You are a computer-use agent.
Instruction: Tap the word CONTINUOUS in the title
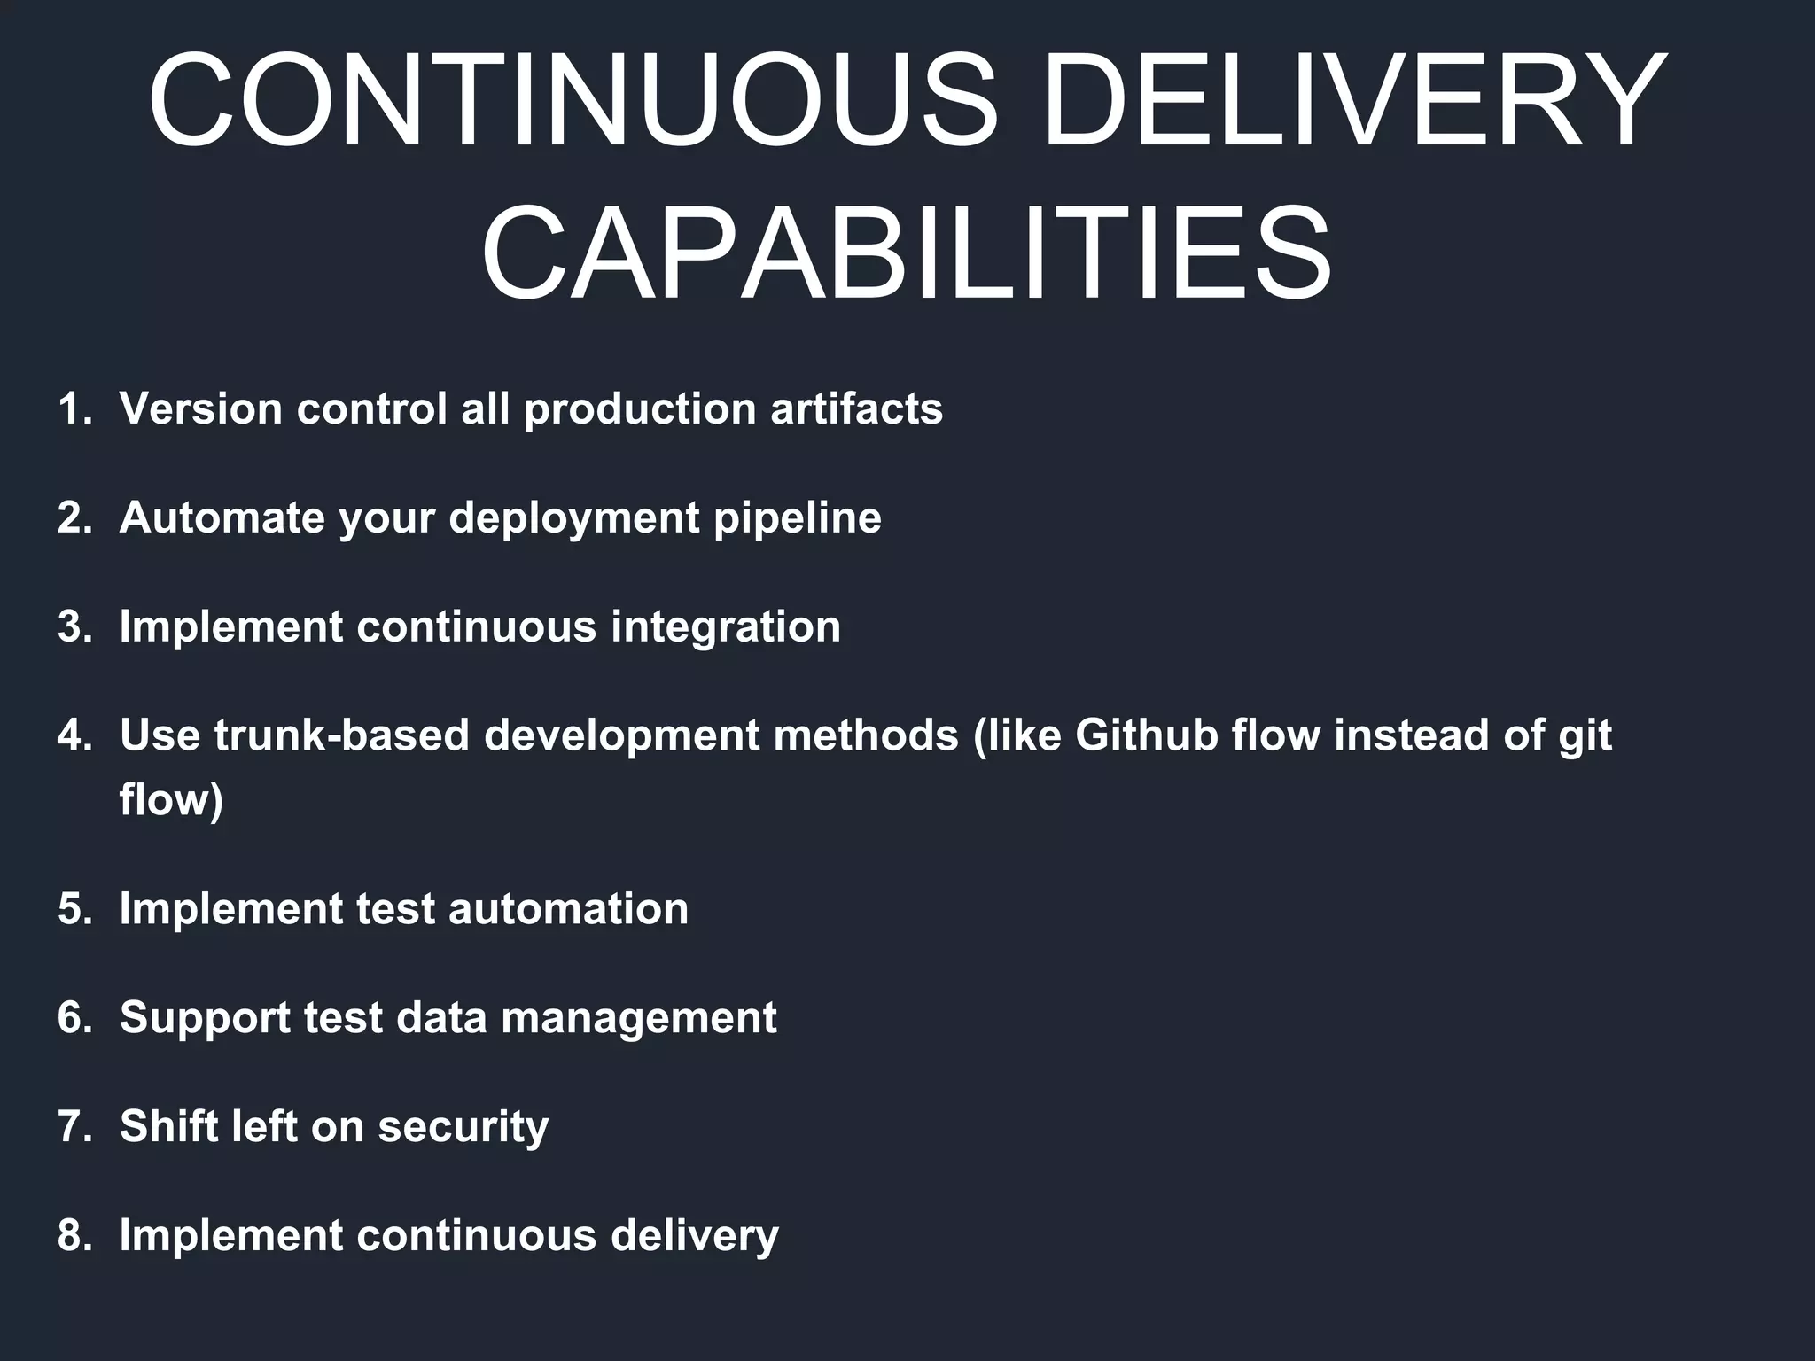(x=573, y=100)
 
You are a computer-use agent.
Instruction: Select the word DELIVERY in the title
(x=1354, y=100)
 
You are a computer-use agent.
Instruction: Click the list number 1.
(x=74, y=409)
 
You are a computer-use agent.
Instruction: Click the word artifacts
(x=856, y=409)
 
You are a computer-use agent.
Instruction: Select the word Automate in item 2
(x=222, y=517)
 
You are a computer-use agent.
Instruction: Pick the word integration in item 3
(x=725, y=627)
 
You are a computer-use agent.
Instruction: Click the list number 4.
(x=74, y=736)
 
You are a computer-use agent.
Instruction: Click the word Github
(x=1147, y=736)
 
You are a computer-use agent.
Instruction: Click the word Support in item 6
(x=205, y=1019)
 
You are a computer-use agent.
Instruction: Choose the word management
(x=638, y=1019)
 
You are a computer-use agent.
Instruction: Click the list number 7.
(x=74, y=1127)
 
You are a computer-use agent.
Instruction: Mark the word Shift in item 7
(x=168, y=1127)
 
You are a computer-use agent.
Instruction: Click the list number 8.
(x=74, y=1236)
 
